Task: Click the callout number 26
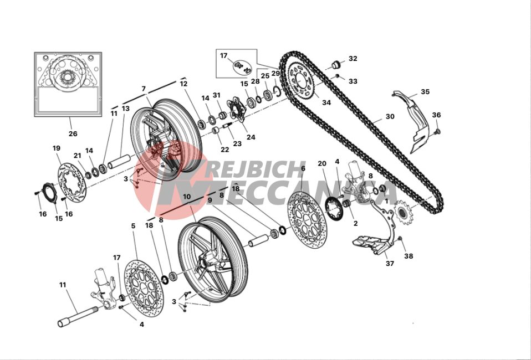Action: click(73, 133)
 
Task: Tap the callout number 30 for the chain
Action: click(390, 116)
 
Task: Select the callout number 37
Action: click(390, 263)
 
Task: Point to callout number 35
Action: click(425, 92)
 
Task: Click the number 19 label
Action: click(57, 148)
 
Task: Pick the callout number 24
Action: click(251, 137)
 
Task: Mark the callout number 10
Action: click(187, 197)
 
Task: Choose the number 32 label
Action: click(353, 59)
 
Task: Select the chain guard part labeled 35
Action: click(415, 122)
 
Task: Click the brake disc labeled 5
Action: click(144, 287)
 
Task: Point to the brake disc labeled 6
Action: click(307, 222)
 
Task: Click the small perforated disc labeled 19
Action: click(72, 183)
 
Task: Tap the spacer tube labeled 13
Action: click(119, 161)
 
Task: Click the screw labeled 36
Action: click(437, 131)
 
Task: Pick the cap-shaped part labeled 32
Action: click(335, 64)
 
